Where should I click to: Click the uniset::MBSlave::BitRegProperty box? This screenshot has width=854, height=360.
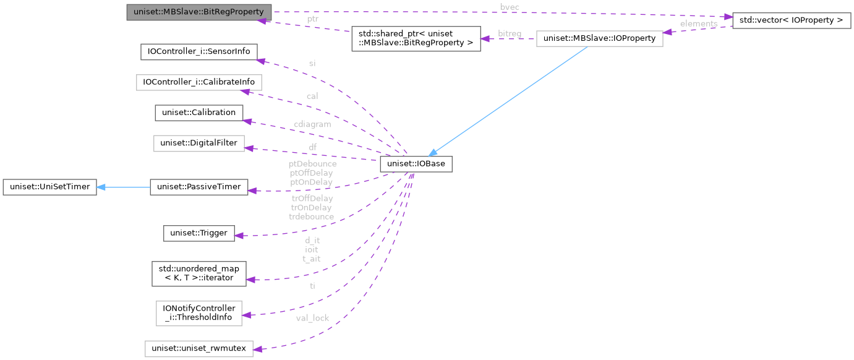coord(199,12)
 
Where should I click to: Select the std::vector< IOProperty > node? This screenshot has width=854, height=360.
coord(791,20)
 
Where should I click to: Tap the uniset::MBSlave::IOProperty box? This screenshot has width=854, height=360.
coord(599,38)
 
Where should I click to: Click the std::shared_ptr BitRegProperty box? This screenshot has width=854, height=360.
coord(416,38)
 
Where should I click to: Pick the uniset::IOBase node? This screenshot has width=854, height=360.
coord(416,164)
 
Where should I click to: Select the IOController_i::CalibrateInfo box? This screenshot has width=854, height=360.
coord(199,82)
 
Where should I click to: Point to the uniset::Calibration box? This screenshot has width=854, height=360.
coord(199,113)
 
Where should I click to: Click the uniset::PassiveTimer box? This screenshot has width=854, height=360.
coord(199,186)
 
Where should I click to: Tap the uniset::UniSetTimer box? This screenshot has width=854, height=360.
coord(49,186)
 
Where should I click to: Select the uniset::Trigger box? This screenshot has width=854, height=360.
coord(199,233)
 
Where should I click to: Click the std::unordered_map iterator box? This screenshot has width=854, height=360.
coord(199,273)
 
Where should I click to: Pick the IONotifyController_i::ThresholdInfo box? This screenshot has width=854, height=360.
coord(199,313)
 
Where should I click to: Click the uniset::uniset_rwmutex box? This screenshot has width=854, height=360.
coord(199,349)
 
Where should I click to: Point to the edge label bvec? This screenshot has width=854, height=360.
coord(510,6)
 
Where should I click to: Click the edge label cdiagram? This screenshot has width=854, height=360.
coord(312,124)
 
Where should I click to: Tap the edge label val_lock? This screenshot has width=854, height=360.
coord(312,318)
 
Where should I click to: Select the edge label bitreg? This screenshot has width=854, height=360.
coord(509,33)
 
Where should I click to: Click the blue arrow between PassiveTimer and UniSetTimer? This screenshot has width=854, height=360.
coord(123,186)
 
